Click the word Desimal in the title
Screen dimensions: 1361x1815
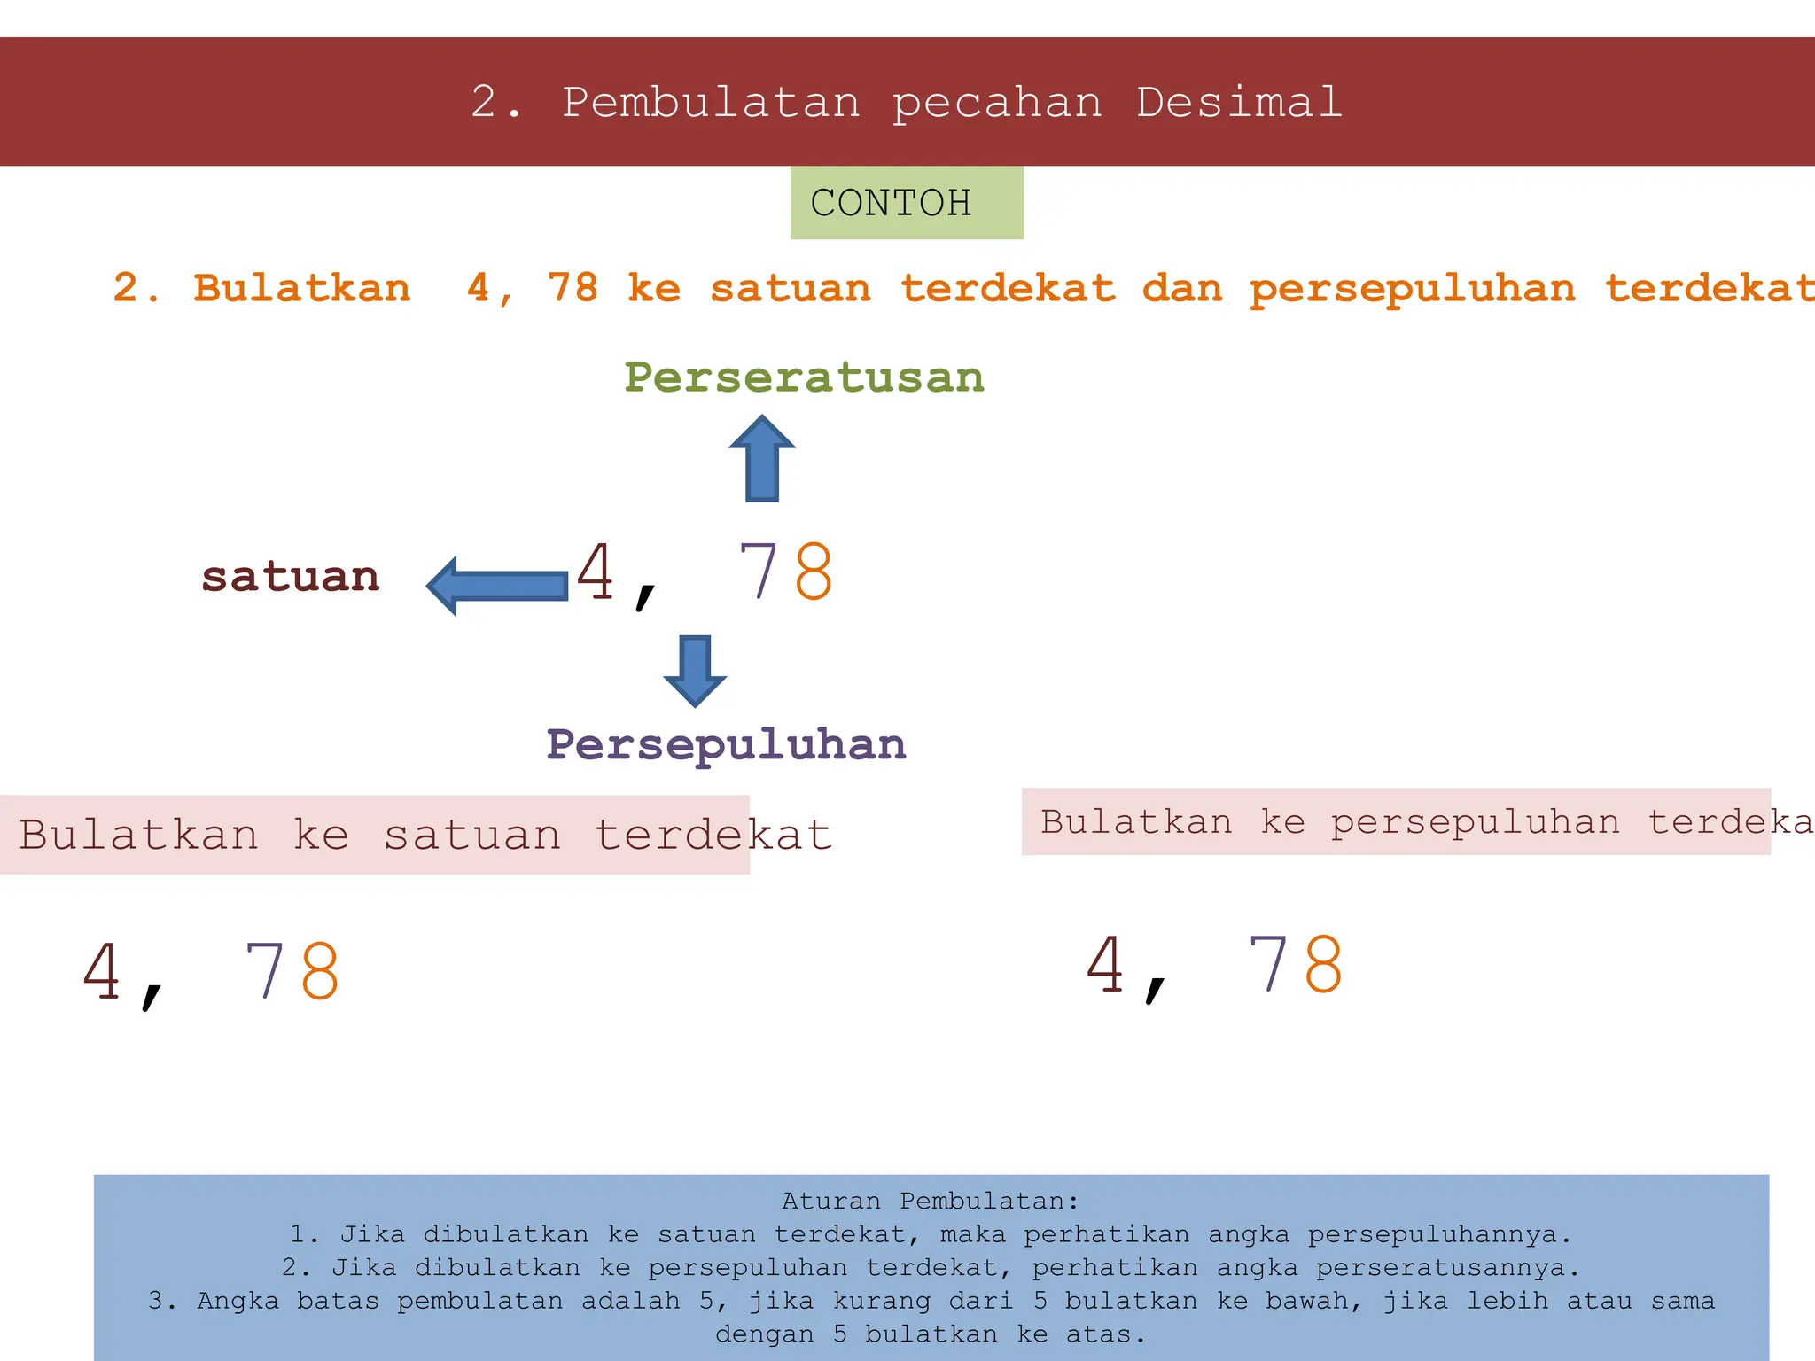click(1238, 103)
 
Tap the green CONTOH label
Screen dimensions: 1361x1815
click(891, 203)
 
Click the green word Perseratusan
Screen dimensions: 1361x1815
click(804, 377)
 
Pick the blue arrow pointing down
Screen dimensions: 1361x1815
click(695, 670)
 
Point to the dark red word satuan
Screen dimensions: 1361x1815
click(291, 577)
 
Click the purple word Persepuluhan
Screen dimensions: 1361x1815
click(726, 744)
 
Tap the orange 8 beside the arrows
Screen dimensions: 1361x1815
click(814, 572)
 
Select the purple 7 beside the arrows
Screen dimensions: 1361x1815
click(759, 572)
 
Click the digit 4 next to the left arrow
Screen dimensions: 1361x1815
click(596, 572)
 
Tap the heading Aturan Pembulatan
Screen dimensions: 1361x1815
click(931, 1202)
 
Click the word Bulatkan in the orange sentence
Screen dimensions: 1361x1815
click(302, 288)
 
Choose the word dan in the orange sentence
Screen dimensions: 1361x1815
click(1182, 288)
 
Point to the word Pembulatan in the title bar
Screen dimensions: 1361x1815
click(711, 103)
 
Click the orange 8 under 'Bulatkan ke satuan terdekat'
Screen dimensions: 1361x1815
click(320, 970)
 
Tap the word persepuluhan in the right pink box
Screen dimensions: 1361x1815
click(1476, 823)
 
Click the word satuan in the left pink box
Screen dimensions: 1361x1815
click(472, 836)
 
